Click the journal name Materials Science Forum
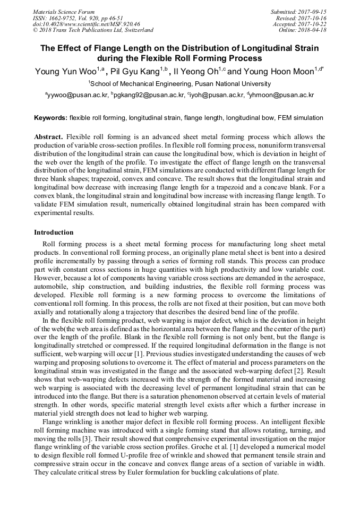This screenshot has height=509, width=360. pyautogui.click(x=64, y=12)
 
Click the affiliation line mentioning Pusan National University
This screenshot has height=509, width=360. pyautogui.click(x=179, y=84)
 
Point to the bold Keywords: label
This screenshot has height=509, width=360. pyautogui.click(x=50, y=118)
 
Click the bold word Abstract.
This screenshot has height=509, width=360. pyautogui.click(x=48, y=137)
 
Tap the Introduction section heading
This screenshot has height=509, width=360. pyautogui.click(x=54, y=232)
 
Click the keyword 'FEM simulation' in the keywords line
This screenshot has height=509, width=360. pyautogui.click(x=299, y=118)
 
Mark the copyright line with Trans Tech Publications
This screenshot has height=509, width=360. pyautogui.click(x=93, y=30)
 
